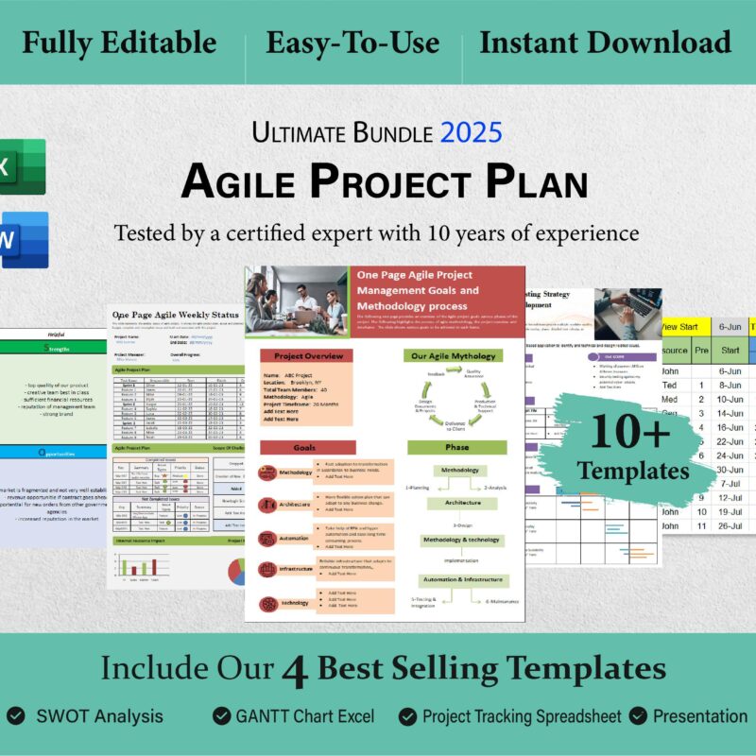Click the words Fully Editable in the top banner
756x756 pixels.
119,43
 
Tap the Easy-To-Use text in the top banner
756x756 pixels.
352,43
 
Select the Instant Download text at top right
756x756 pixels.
605,43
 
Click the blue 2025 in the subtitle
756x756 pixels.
470,132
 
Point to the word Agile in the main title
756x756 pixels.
241,180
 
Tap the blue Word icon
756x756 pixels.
21,239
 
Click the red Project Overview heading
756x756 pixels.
307,356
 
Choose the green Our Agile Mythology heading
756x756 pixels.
456,356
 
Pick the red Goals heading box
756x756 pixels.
307,447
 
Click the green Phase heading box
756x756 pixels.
456,447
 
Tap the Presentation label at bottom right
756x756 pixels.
699,716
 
